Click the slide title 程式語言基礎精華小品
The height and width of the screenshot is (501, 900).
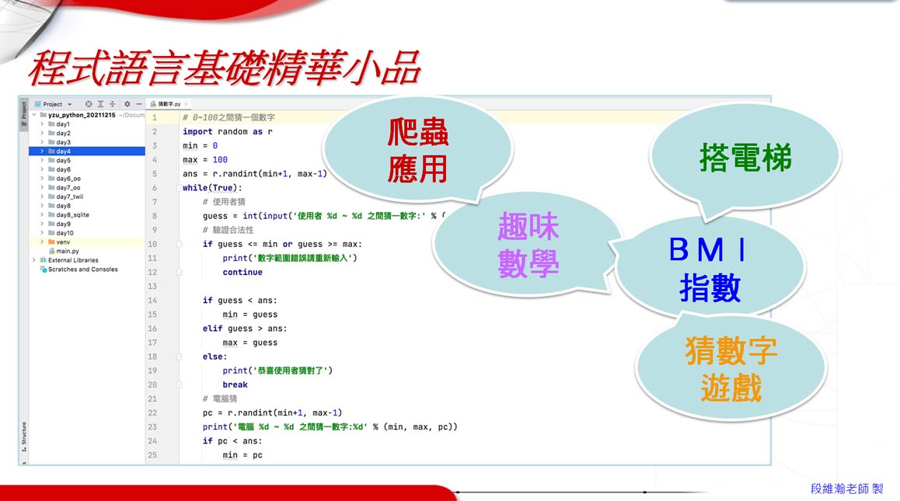224,69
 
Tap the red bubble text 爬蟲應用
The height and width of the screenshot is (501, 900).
418,152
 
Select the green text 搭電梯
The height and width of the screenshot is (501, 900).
745,157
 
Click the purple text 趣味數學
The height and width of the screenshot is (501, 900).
528,246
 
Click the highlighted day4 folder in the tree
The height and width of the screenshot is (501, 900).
63,151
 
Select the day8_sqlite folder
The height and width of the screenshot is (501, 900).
72,215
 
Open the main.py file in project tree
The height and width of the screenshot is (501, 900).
68,251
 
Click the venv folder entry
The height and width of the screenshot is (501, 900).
63,242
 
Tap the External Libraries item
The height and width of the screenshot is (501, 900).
72,260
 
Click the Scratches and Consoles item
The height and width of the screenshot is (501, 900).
82,270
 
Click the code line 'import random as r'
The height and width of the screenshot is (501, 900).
227,132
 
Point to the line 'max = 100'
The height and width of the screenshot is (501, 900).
204,160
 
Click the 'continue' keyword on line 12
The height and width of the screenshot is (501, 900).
242,273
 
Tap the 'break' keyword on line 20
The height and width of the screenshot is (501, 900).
235,384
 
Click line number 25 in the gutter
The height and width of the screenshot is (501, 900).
152,455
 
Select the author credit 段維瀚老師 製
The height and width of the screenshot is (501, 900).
846,489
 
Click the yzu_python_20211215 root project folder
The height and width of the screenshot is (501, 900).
81,115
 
